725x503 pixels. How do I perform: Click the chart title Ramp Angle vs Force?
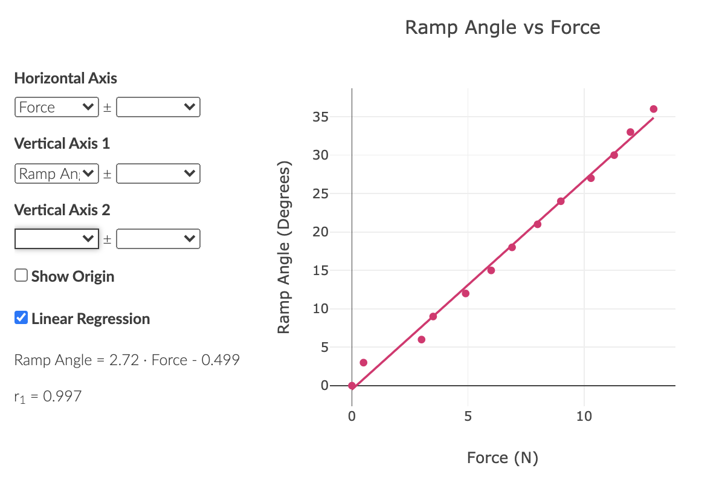tap(502, 27)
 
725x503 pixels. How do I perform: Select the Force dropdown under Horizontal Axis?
tap(56, 108)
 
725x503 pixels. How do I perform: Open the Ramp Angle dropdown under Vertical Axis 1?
tap(56, 174)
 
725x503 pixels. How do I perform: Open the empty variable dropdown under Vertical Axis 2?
tap(56, 239)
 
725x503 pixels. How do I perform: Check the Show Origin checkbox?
tap(21, 276)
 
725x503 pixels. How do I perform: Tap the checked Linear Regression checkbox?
tap(21, 318)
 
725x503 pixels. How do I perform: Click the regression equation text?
tap(127, 360)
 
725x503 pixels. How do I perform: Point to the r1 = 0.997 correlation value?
tap(48, 397)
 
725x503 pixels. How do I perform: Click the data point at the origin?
tap(352, 386)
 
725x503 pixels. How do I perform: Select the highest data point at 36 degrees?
tap(653, 109)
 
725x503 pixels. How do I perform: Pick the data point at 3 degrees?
tap(363, 363)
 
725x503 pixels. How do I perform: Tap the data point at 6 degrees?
tap(421, 340)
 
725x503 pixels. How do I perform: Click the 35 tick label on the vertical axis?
tap(320, 117)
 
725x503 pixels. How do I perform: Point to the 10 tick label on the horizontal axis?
tap(584, 417)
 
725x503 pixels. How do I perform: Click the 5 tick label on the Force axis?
tap(468, 417)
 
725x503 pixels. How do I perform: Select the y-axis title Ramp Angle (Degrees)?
tap(283, 248)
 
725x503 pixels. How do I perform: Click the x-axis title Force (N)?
tap(502, 458)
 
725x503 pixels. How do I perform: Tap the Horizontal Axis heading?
tap(65, 78)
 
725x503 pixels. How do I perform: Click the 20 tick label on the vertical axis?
tap(320, 232)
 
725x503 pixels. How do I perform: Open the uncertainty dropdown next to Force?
tap(158, 108)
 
